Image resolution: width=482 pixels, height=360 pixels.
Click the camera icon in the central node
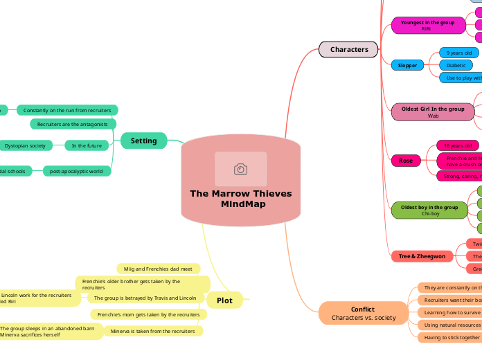(x=240, y=169)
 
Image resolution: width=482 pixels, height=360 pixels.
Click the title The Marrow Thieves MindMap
(x=240, y=199)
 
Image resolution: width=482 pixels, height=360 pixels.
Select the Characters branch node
(x=348, y=49)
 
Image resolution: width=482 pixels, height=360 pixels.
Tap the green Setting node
(x=143, y=141)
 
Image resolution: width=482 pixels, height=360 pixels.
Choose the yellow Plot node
(x=224, y=300)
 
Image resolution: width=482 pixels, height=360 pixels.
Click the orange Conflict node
(x=362, y=313)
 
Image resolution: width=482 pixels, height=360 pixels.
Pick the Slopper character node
(x=407, y=65)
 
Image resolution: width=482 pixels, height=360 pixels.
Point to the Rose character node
(x=406, y=161)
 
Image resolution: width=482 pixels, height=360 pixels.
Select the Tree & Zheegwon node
(x=422, y=256)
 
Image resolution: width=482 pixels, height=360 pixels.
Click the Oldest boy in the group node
(x=430, y=210)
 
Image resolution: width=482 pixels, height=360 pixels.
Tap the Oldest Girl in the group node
(x=433, y=112)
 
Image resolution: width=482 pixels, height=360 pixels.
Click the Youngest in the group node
(x=427, y=26)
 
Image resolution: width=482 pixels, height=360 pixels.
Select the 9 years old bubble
(x=459, y=53)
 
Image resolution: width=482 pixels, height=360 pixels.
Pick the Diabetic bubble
(x=456, y=65)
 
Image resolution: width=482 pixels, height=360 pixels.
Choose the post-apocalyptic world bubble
(x=76, y=170)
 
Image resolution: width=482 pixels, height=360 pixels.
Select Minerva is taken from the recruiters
(x=153, y=331)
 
